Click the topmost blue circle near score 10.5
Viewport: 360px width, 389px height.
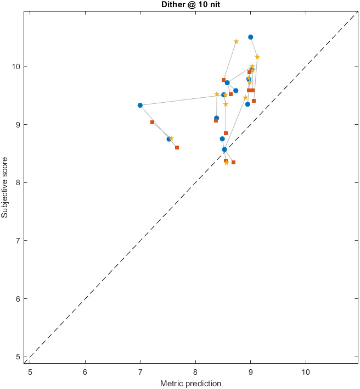[251, 37]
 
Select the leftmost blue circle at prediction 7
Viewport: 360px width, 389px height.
[140, 105]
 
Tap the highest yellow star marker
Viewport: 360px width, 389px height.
[237, 41]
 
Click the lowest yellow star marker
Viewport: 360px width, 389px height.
[226, 163]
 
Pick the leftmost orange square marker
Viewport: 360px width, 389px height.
[152, 122]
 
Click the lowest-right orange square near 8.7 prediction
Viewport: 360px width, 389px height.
[234, 162]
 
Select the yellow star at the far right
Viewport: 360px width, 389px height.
[257, 57]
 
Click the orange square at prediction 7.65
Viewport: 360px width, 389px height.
[177, 147]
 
